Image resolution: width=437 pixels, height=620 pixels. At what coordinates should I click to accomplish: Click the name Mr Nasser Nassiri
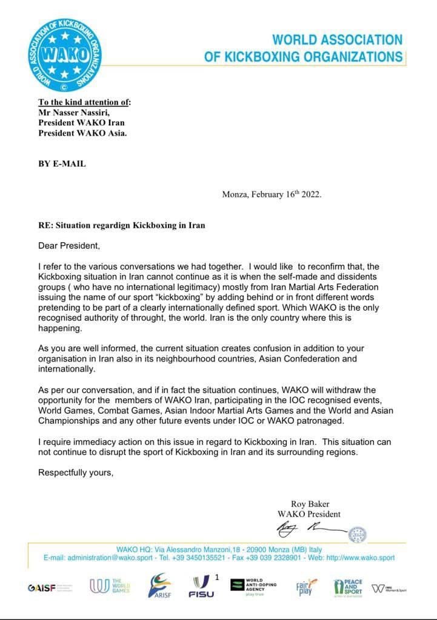click(73, 112)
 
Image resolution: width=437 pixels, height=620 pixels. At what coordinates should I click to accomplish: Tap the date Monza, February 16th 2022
click(272, 194)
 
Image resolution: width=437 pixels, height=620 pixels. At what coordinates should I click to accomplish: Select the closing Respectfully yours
click(76, 472)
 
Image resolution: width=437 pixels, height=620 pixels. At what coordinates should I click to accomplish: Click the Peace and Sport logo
click(348, 587)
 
